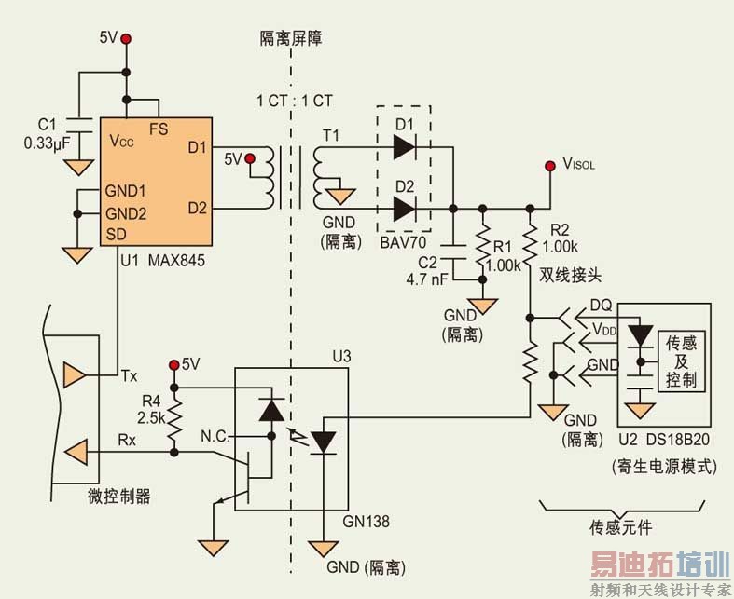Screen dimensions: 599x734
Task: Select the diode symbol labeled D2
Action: [x=405, y=209]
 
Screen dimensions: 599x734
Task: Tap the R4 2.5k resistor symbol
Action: [x=173, y=411]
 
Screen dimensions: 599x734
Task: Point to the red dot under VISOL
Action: [x=550, y=168]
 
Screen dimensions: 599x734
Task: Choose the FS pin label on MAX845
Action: [x=159, y=129]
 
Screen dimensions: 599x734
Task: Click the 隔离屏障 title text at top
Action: [x=291, y=38]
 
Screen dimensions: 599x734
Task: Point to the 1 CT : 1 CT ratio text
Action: [x=296, y=100]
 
